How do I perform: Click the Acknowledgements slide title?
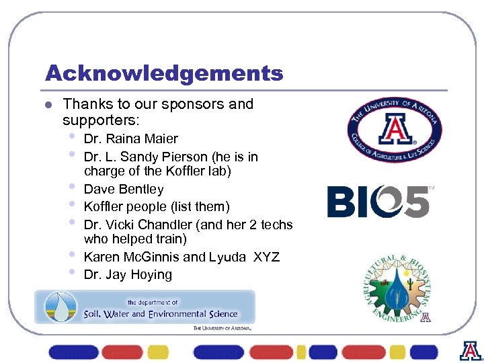pyautogui.click(x=163, y=73)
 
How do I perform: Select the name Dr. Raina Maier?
pyautogui.click(x=130, y=139)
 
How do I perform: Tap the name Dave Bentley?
pyautogui.click(x=123, y=190)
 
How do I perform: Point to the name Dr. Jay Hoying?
pyautogui.click(x=128, y=274)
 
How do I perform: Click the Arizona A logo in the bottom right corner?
pyautogui.click(x=471, y=352)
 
